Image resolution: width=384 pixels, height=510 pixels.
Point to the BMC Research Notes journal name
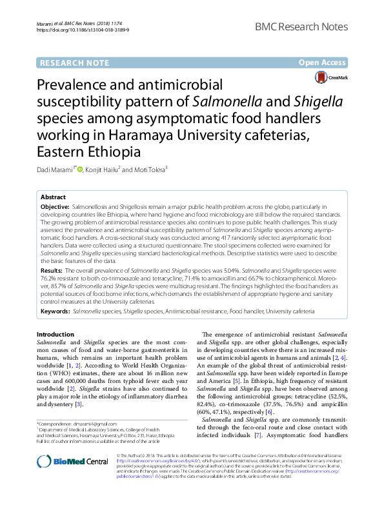pos(310,27)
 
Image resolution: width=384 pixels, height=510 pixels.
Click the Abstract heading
pos(53,197)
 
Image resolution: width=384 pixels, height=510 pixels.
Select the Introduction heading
pos(55,335)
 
